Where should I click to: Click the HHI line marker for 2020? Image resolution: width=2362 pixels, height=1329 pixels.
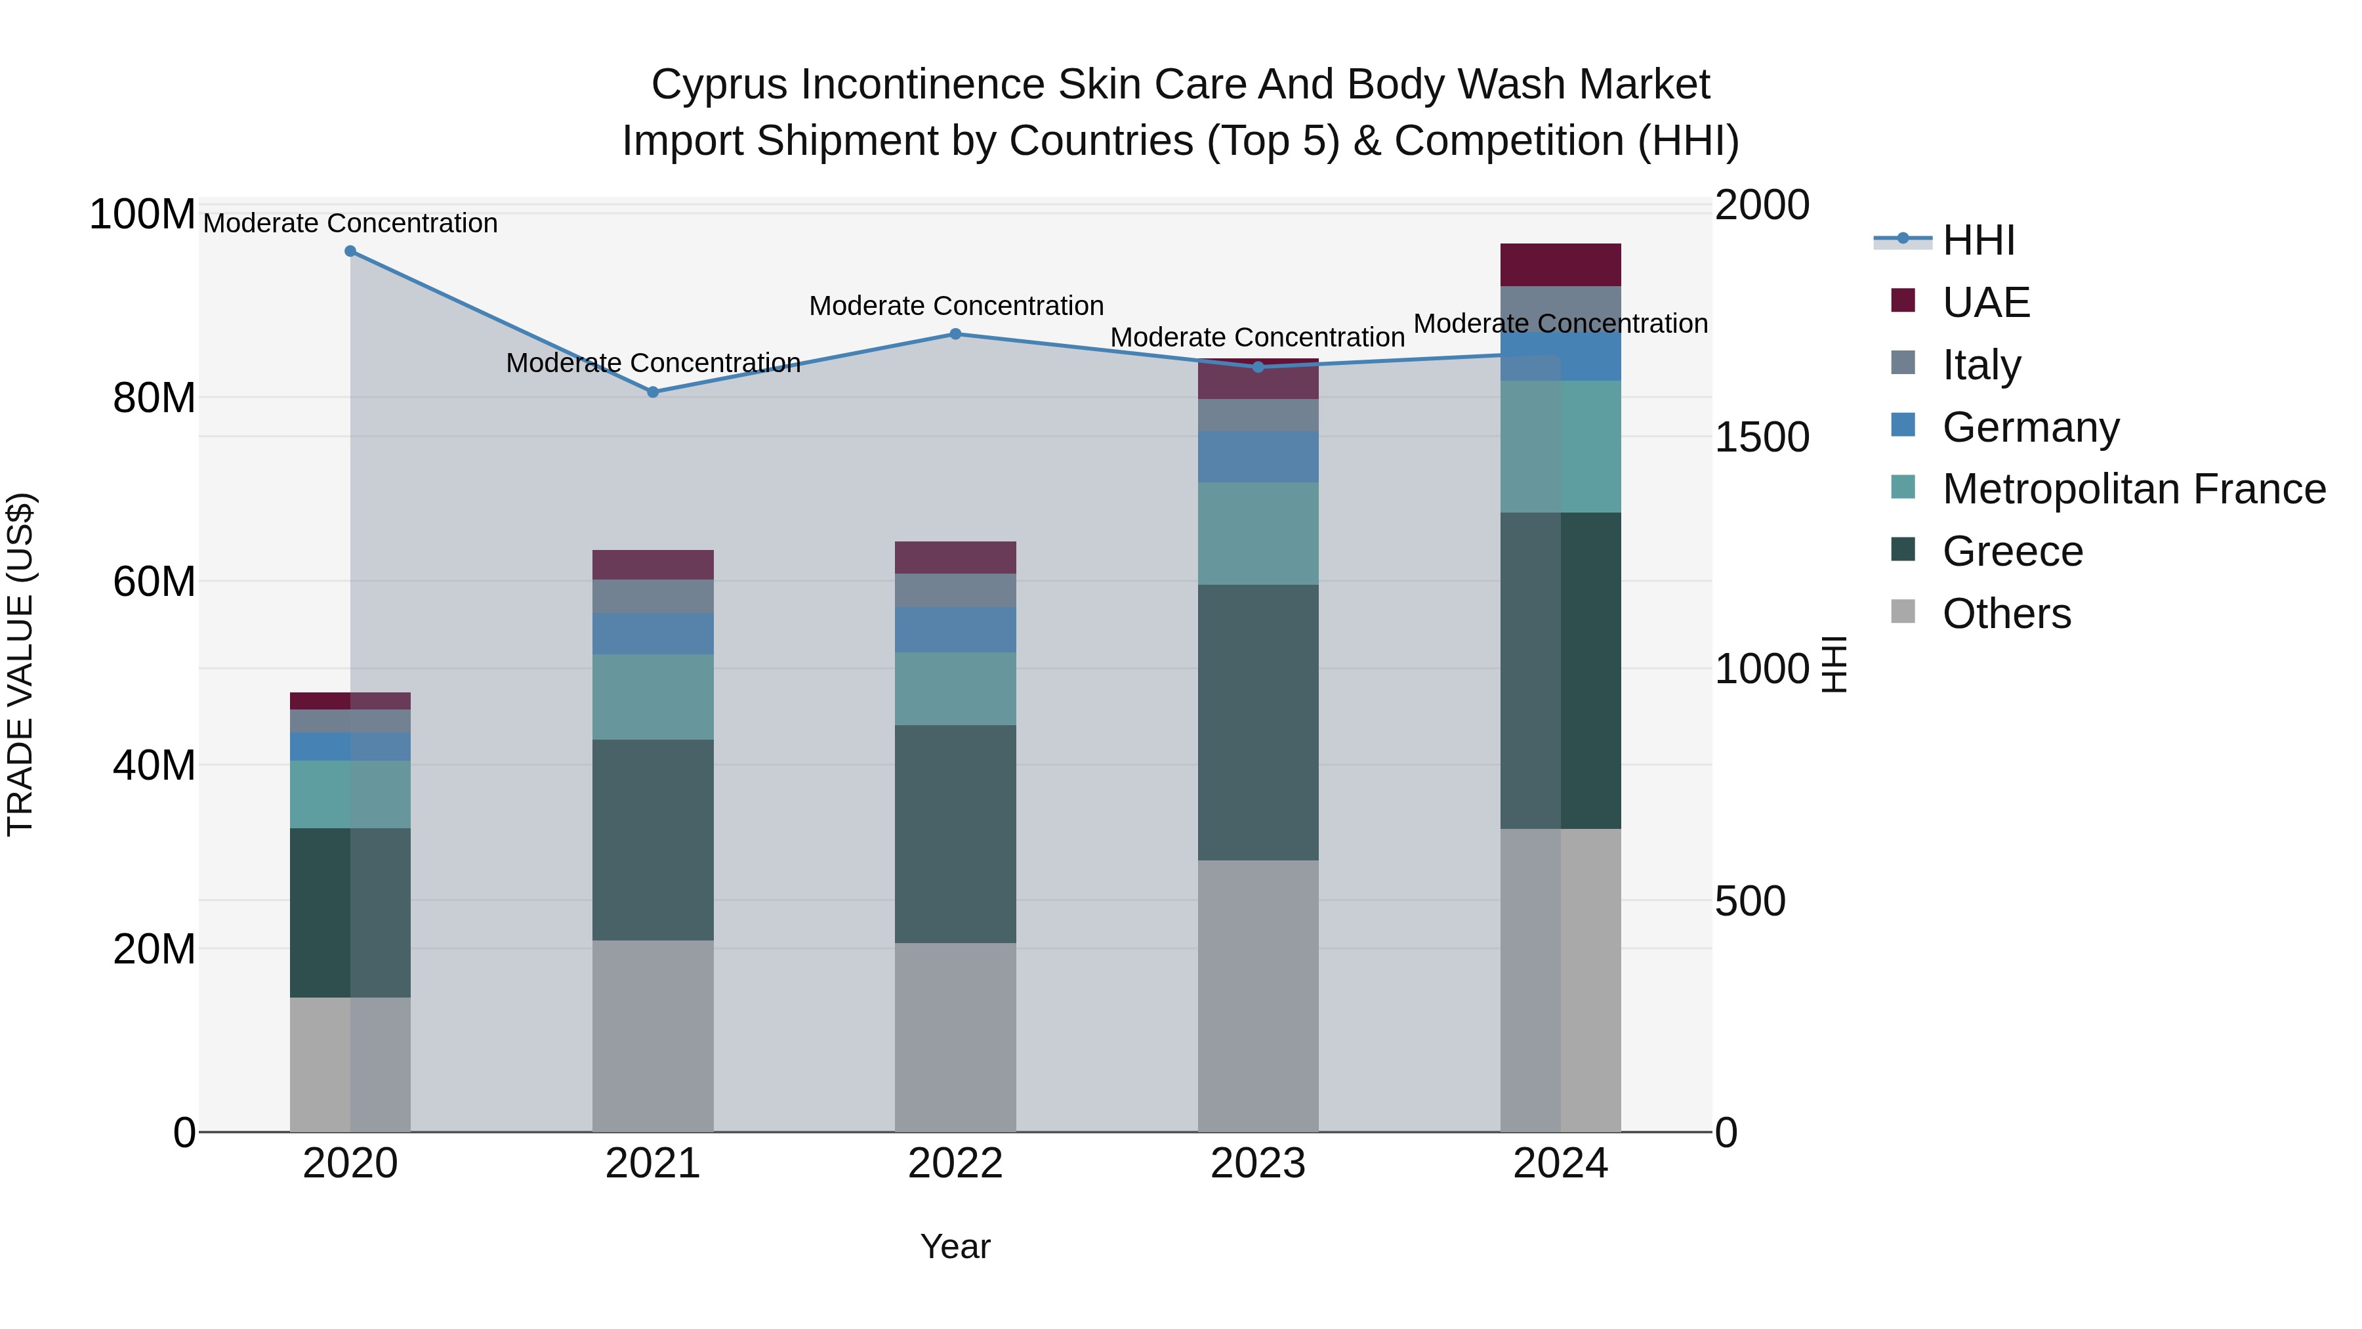[x=350, y=251]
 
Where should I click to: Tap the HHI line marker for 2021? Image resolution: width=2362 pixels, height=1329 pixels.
[x=653, y=392]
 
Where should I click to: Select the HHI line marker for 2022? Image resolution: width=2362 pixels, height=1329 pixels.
[x=955, y=334]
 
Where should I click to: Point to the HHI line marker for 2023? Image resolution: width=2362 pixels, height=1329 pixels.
[x=1258, y=367]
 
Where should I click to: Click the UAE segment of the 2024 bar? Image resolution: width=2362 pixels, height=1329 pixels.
[x=1561, y=265]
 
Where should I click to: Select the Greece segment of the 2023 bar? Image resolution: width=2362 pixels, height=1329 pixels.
[x=1258, y=722]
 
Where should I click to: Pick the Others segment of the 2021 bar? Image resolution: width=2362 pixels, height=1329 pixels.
[x=653, y=1036]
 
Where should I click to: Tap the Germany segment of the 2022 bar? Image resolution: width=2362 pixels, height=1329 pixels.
[x=955, y=629]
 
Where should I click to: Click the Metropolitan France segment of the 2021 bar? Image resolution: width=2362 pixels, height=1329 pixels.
[x=653, y=696]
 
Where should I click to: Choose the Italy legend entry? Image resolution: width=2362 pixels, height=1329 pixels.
[x=1981, y=365]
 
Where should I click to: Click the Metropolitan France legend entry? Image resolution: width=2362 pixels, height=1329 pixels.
[x=2134, y=489]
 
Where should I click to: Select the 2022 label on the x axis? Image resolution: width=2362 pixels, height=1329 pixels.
[x=955, y=1164]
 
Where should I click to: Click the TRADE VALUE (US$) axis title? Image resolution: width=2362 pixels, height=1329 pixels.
[x=20, y=664]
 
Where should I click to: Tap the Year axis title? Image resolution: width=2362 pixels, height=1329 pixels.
[x=955, y=1246]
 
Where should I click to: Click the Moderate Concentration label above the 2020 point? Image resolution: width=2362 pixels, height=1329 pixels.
[x=350, y=223]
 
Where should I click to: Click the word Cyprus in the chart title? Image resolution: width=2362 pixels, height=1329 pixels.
[x=719, y=85]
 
